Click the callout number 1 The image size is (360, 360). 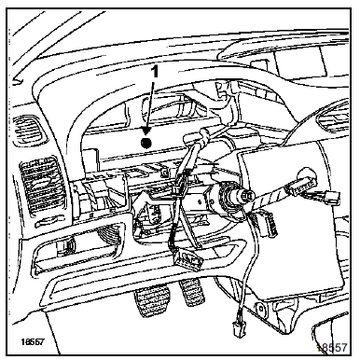tap(155, 72)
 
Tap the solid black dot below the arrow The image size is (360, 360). tap(145, 143)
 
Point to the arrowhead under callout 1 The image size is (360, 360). tap(146, 132)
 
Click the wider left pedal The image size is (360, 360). tap(152, 301)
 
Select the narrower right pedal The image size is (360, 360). tap(191, 292)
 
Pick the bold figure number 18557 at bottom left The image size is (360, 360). tap(33, 341)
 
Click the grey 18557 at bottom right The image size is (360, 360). tap(332, 348)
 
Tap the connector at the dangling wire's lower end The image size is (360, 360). tap(239, 327)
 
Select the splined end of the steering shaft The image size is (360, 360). tap(248, 195)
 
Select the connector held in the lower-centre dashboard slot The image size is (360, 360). tap(188, 258)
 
